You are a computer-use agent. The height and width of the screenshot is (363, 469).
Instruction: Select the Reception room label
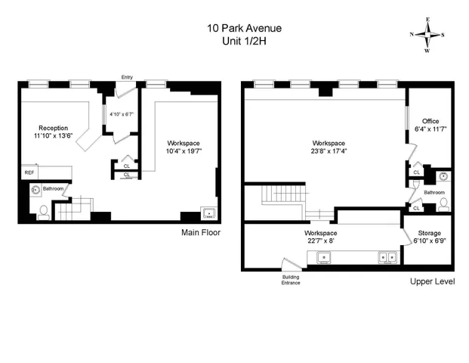[53, 128]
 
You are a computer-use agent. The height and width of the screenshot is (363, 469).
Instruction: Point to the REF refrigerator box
[29, 172]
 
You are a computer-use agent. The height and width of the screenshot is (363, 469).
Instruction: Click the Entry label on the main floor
[127, 76]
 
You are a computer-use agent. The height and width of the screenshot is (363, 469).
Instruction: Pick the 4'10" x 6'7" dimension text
[120, 115]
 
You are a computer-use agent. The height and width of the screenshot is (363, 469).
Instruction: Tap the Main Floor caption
[200, 233]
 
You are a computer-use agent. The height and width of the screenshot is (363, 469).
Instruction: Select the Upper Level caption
[432, 281]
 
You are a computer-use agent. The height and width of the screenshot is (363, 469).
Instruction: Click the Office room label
[430, 121]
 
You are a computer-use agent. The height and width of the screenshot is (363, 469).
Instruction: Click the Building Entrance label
[291, 281]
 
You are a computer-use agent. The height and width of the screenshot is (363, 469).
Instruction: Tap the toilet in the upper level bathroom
[443, 203]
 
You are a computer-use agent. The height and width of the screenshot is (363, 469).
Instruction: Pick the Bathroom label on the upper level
[434, 192]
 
